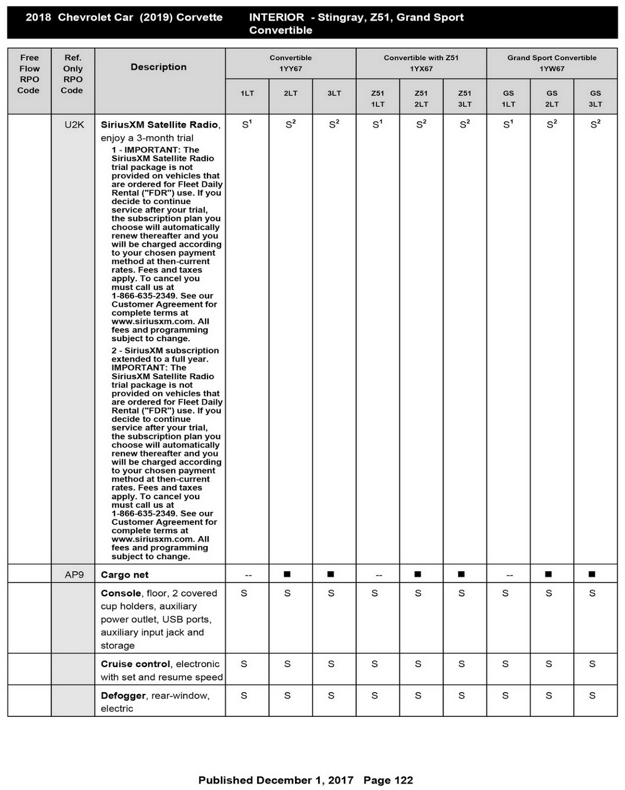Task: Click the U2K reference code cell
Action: pos(74,125)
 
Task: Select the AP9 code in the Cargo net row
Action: pos(74,575)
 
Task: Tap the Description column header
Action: pos(158,67)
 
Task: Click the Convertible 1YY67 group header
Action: pos(291,63)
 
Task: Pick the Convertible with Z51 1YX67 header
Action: pos(421,63)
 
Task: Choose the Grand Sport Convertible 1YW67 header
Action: pos(551,63)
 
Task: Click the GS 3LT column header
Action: pos(595,98)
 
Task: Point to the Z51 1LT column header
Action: pos(378,98)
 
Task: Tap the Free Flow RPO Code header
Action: pos(29,74)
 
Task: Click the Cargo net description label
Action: pos(124,575)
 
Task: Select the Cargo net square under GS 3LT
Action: pos(592,574)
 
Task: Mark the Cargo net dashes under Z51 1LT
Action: pos(378,575)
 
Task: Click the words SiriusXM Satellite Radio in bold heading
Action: pos(159,125)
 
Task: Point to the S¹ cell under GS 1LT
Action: pos(508,125)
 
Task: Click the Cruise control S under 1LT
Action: pos(244,664)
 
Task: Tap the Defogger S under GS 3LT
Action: pos(592,696)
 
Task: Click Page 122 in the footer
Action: pos(388,780)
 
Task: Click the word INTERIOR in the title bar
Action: pos(276,17)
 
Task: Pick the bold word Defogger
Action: pos(123,696)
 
